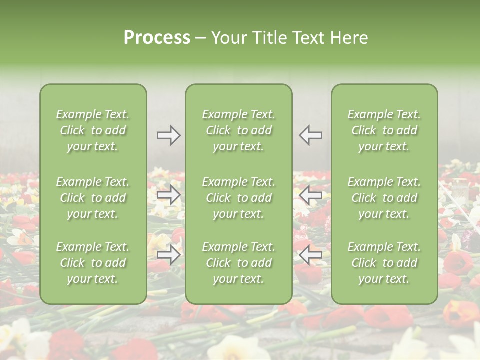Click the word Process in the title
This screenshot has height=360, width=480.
(x=157, y=38)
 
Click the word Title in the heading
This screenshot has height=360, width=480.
(x=270, y=38)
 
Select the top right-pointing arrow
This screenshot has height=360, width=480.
(x=169, y=135)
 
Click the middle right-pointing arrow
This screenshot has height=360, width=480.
(x=169, y=195)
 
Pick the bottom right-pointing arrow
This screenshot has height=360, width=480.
(x=169, y=255)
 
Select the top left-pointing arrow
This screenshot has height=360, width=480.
(x=310, y=135)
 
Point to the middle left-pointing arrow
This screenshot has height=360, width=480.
(x=310, y=195)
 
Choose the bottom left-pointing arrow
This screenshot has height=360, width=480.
(x=310, y=255)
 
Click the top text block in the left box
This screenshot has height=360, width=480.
(x=93, y=130)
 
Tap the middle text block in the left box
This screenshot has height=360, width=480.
(x=93, y=198)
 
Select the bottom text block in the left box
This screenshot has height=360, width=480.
(x=93, y=263)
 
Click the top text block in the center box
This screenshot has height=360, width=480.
(x=238, y=130)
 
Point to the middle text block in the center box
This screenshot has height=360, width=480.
(x=238, y=198)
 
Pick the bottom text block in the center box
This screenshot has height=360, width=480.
(x=238, y=263)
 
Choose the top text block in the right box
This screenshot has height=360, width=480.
(x=384, y=130)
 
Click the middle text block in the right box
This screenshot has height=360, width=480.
(x=384, y=198)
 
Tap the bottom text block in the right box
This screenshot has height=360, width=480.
(x=384, y=263)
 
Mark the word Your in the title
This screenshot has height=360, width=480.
(x=229, y=38)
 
